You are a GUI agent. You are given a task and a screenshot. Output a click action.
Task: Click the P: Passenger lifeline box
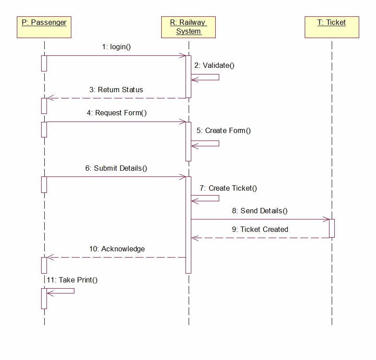pos(44,27)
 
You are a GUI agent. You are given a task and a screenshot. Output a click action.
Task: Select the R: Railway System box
pos(189,27)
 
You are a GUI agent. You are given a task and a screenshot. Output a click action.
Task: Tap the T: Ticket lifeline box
pos(332,27)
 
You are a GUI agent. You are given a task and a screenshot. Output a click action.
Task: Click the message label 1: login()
pos(116,47)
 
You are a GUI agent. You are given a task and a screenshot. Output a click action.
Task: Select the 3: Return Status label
pos(116,90)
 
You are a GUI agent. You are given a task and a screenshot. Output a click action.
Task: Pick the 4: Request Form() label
pos(116,113)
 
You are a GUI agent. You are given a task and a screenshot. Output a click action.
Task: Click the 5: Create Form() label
pos(224,130)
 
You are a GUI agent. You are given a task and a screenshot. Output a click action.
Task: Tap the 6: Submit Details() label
pos(116,168)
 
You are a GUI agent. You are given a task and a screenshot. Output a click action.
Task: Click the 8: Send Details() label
pos(260,211)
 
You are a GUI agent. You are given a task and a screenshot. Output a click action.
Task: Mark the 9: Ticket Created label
pos(260,229)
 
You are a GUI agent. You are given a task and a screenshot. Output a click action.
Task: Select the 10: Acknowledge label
pos(117,249)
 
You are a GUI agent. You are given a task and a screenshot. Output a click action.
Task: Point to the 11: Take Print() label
pos(72,280)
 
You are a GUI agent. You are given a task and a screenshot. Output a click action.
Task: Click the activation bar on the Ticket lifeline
pos(332,228)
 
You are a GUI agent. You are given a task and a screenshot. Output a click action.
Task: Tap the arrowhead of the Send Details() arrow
pos(327,219)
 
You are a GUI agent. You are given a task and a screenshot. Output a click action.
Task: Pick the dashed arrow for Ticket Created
pos(260,238)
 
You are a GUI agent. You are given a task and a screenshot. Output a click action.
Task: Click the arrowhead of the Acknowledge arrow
pos(50,257)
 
